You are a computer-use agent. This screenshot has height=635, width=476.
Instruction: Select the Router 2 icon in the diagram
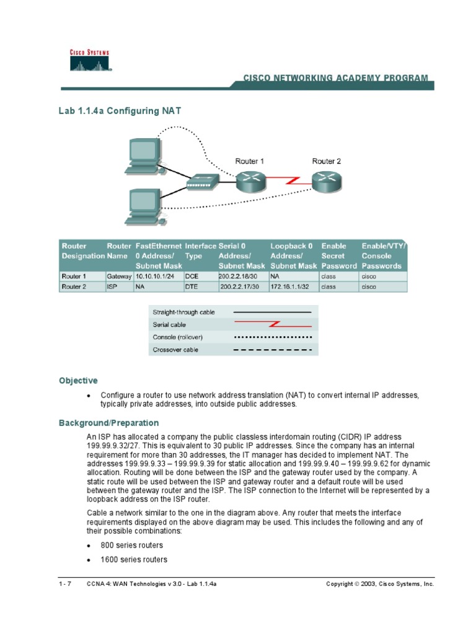click(x=325, y=180)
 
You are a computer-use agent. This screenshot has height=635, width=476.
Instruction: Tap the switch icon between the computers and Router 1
click(x=202, y=181)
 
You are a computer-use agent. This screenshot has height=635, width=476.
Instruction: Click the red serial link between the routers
click(x=288, y=180)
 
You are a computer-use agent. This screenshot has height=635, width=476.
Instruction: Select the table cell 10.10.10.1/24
click(x=153, y=276)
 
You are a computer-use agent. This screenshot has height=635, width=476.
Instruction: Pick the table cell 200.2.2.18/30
click(x=236, y=276)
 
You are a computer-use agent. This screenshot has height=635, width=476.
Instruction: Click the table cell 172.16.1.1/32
click(x=289, y=287)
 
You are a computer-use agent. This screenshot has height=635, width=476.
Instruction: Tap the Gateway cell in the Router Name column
click(x=119, y=276)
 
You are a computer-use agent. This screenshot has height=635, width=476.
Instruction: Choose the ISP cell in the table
click(x=112, y=287)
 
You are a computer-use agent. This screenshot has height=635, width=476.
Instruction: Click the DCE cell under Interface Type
click(x=192, y=276)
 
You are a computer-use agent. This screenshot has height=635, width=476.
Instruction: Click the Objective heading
click(x=78, y=380)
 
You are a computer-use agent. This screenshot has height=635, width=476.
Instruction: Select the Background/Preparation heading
click(x=108, y=423)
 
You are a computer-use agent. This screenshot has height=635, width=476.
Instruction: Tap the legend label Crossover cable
click(x=175, y=350)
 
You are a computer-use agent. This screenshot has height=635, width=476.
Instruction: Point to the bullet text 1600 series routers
click(x=134, y=559)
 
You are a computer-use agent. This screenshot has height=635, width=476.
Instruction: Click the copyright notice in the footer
click(x=380, y=584)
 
